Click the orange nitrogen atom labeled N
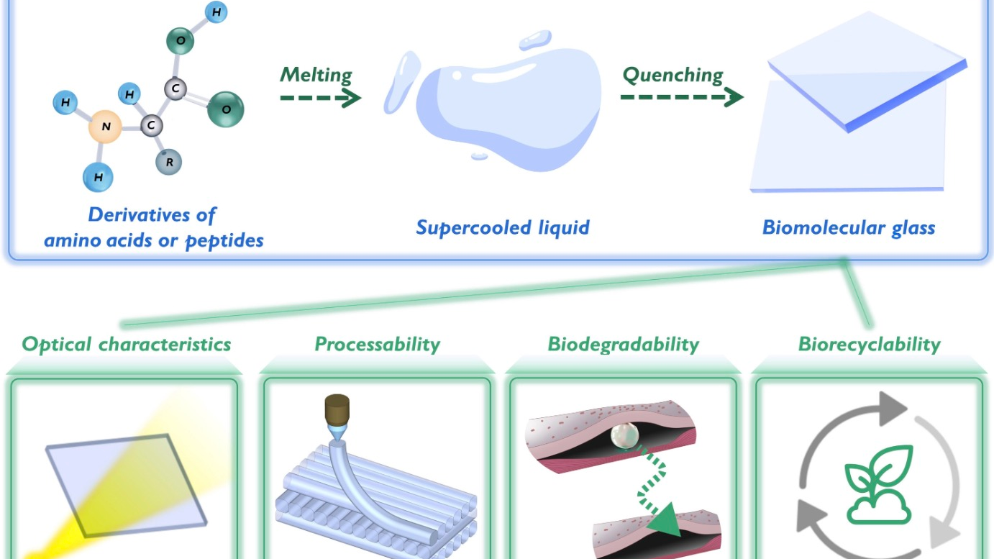(x=106, y=129)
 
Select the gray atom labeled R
(x=169, y=162)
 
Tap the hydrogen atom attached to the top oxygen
(x=216, y=12)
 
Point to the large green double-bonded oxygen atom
(x=226, y=109)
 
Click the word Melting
(x=316, y=74)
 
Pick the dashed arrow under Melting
(x=320, y=99)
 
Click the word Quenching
(x=672, y=74)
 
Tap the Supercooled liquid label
(x=503, y=228)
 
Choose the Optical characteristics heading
(x=127, y=344)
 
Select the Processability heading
(x=377, y=344)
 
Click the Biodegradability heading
(x=623, y=344)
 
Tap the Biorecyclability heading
(x=869, y=344)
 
